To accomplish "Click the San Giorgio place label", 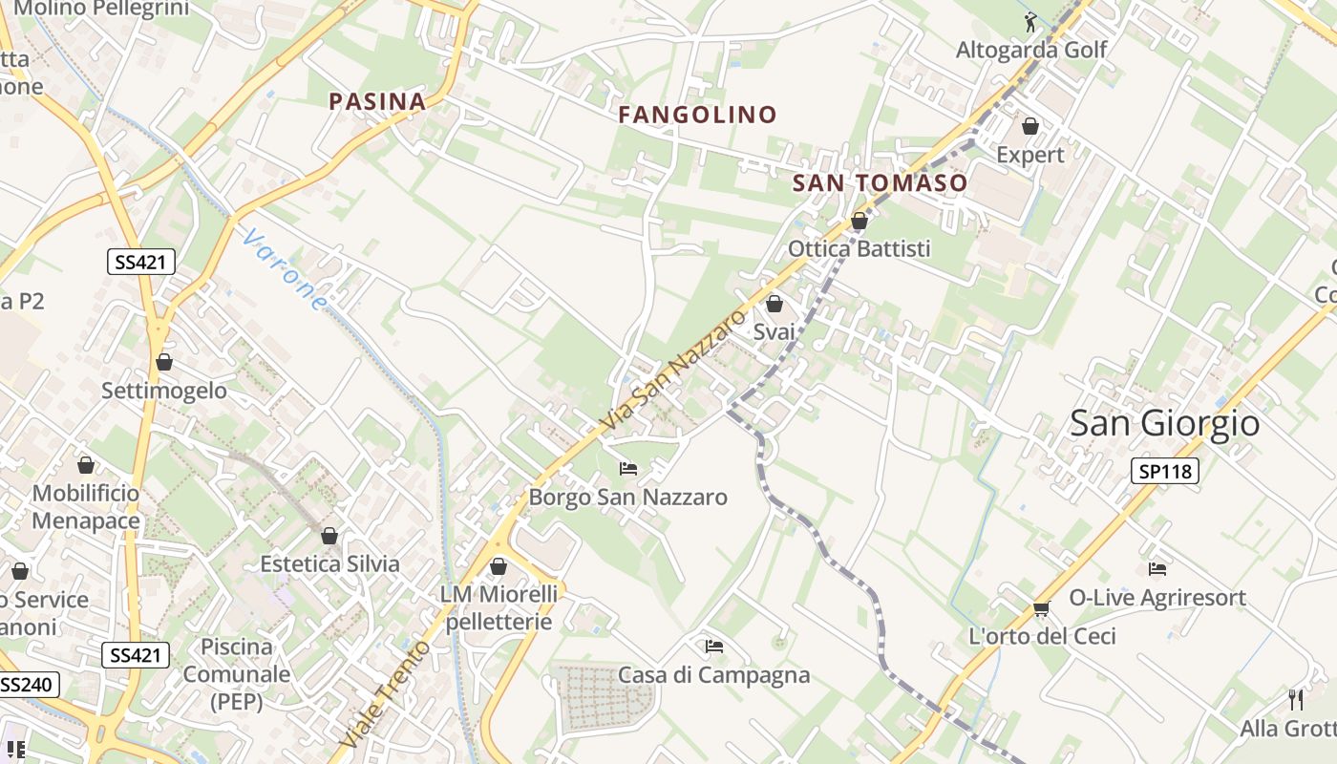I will (1164, 422).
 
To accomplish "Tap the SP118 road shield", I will (1165, 470).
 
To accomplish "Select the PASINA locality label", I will (377, 101).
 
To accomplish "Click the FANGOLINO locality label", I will (697, 115).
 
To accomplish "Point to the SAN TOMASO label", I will (880, 182).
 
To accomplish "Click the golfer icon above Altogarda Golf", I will (1030, 22).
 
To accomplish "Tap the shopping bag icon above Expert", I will (1029, 126).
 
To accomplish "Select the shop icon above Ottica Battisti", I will (859, 221).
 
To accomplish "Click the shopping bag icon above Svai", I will (774, 304).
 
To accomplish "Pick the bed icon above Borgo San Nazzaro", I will (627, 468).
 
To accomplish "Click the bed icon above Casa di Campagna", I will (713, 647).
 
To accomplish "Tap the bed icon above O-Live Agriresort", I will (1157, 569).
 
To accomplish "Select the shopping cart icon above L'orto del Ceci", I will (1041, 608).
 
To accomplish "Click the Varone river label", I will (284, 269).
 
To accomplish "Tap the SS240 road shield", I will (29, 685).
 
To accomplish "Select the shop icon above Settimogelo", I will (164, 362).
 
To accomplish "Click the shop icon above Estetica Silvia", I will (329, 536).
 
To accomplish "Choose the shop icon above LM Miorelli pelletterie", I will (498, 566).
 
